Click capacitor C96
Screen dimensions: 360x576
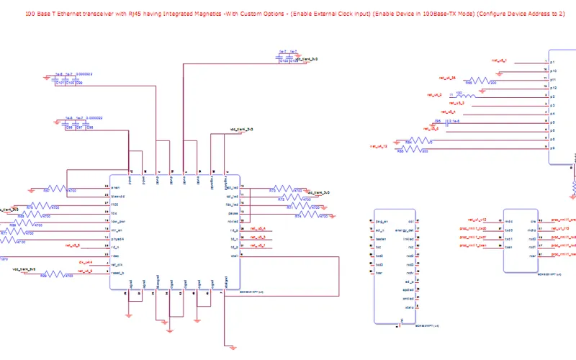point(90,127)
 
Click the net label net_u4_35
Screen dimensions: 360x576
point(447,77)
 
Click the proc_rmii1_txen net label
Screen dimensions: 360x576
point(473,246)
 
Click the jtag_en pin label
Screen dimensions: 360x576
point(382,221)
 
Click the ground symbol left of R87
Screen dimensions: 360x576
point(32,189)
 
